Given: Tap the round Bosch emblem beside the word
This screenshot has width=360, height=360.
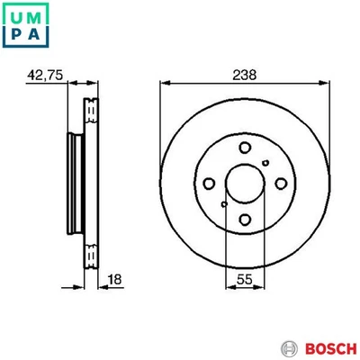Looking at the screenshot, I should [x=288, y=347].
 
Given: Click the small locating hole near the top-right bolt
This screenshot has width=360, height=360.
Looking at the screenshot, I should [x=265, y=162].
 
